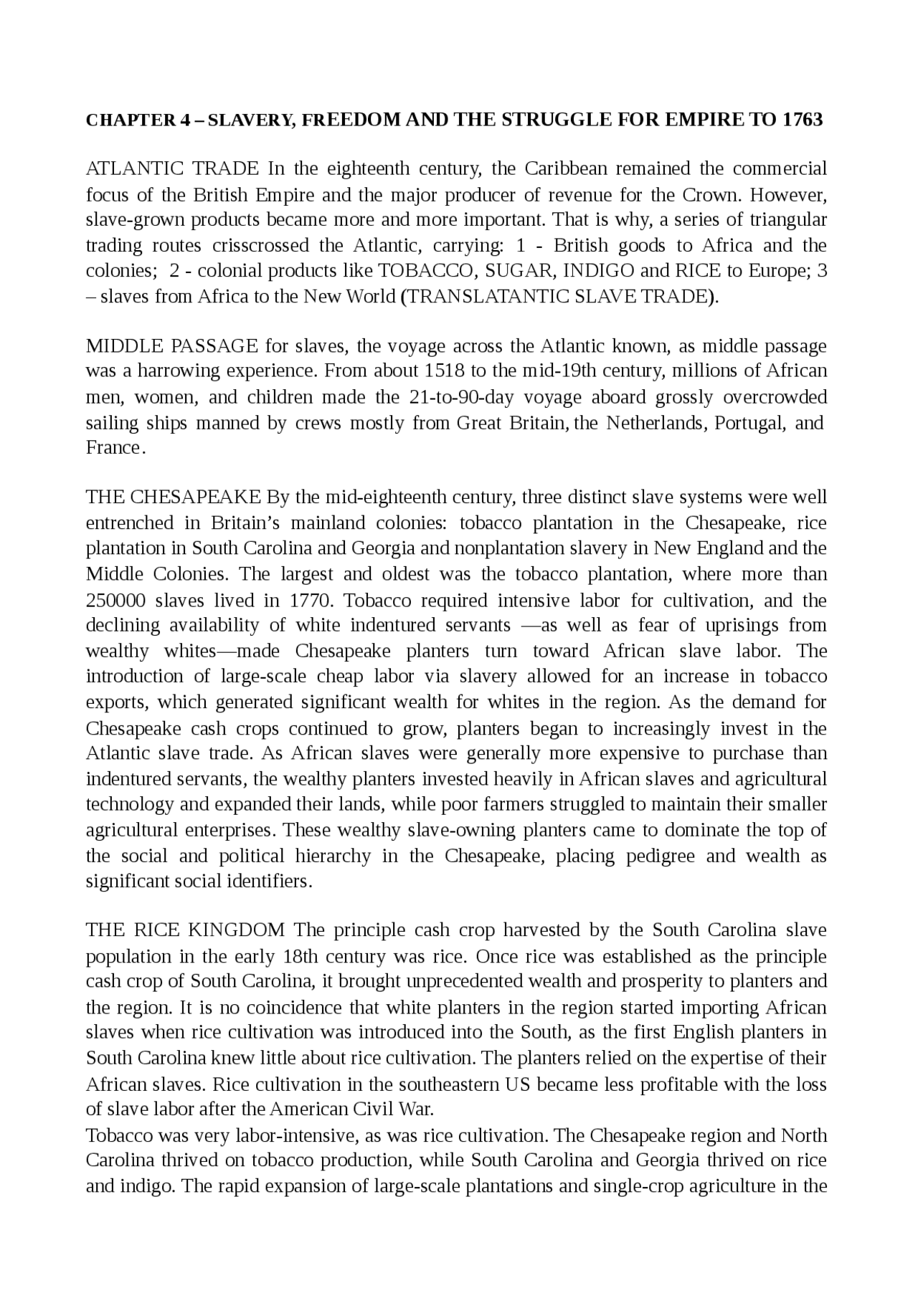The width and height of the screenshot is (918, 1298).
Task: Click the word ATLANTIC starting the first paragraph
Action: tap(133, 169)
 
